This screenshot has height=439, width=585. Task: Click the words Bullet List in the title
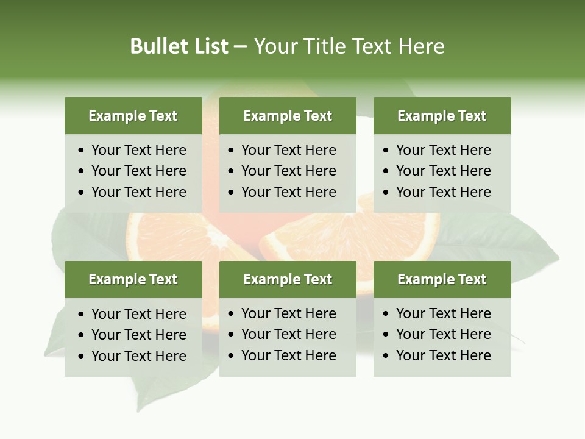(x=179, y=46)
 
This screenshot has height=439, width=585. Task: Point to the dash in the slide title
(x=240, y=47)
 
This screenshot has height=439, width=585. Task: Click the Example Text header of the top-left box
(x=133, y=116)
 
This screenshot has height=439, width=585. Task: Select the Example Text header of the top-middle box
(x=288, y=116)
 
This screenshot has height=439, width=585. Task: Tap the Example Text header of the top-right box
(x=442, y=116)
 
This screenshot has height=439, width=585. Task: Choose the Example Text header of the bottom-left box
(x=133, y=279)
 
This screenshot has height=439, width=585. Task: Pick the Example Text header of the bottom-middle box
(x=288, y=279)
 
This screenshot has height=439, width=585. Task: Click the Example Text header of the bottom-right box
(x=442, y=279)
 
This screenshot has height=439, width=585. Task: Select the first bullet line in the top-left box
(x=138, y=150)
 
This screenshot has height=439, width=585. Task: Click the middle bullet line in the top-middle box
(x=288, y=171)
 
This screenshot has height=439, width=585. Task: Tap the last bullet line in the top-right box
(x=443, y=192)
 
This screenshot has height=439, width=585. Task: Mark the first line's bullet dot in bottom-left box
(x=82, y=315)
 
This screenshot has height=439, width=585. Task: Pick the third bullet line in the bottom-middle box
(x=288, y=355)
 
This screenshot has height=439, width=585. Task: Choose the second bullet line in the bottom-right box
(x=443, y=334)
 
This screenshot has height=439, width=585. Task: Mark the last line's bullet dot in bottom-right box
(x=386, y=356)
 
